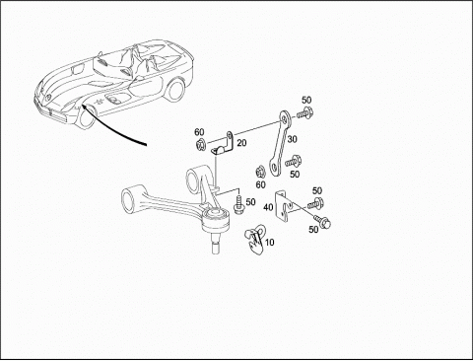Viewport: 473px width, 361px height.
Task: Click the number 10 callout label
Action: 269,243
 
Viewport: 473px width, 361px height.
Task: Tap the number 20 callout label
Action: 241,143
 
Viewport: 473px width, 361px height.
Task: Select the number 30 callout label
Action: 292,139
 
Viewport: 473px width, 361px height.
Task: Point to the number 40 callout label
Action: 268,207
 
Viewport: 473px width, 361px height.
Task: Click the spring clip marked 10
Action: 255,240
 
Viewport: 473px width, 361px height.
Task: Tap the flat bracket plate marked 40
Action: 283,206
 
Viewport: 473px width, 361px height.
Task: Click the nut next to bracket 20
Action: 200,145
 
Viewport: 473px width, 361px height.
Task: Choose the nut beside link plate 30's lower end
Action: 260,172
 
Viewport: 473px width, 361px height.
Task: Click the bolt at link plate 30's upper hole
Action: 304,113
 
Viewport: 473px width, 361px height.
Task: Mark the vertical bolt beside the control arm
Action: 237,204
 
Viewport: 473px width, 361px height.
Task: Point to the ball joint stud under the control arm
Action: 215,244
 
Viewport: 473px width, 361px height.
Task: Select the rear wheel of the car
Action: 174,90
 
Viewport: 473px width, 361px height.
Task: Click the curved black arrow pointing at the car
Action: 108,127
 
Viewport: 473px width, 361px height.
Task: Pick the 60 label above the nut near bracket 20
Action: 199,132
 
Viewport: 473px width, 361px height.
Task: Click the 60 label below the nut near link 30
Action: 260,184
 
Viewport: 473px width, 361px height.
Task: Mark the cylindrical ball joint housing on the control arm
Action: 215,220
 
